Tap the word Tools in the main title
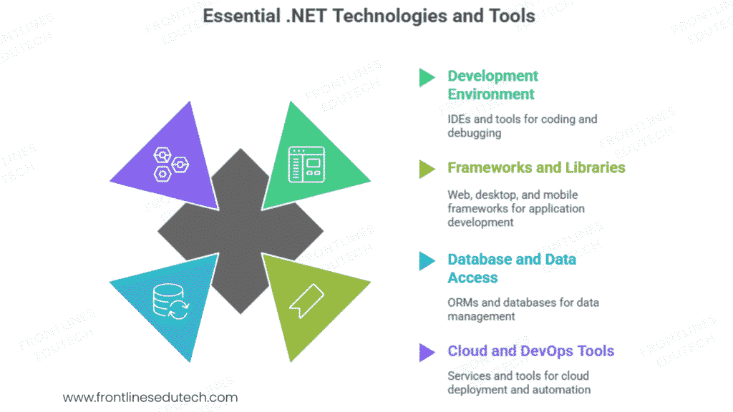pyautogui.click(x=510, y=16)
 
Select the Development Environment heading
pyautogui.click(x=492, y=85)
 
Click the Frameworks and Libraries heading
pyautogui.click(x=536, y=167)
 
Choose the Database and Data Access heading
pyautogui.click(x=511, y=268)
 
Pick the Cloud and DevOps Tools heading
pyautogui.click(x=530, y=350)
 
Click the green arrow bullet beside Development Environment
pyautogui.click(x=427, y=77)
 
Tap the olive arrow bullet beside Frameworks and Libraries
pyautogui.click(x=427, y=168)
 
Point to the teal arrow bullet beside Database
pyautogui.click(x=427, y=261)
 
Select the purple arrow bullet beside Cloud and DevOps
pyautogui.click(x=427, y=351)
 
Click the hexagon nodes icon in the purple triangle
pyautogui.click(x=170, y=164)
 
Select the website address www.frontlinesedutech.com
pyautogui.click(x=150, y=397)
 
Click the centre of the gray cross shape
pyautogui.click(x=240, y=231)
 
